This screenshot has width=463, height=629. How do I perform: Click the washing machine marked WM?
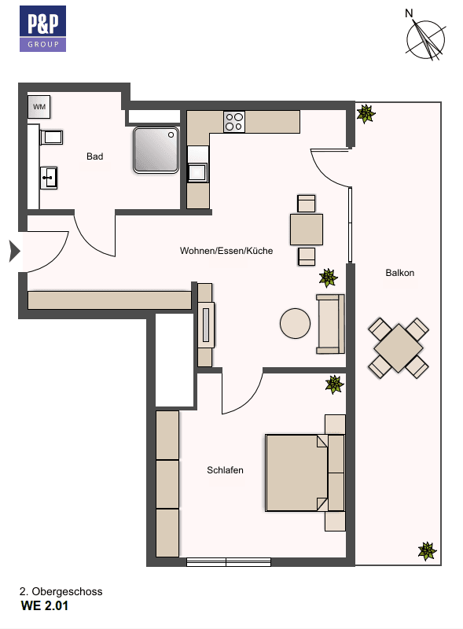click(x=39, y=106)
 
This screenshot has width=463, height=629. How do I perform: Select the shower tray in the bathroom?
click(x=156, y=149)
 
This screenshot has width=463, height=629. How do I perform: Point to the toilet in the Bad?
click(x=50, y=138)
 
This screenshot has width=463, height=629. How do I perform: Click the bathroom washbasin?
click(x=49, y=177)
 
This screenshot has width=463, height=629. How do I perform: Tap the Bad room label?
click(x=94, y=156)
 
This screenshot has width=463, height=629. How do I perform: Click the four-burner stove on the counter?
click(x=234, y=122)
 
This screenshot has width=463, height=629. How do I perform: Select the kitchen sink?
click(x=197, y=171)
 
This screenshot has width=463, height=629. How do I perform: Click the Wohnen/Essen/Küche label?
click(x=226, y=251)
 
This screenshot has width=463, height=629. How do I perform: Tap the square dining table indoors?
click(x=306, y=229)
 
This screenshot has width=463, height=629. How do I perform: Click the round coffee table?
click(x=296, y=322)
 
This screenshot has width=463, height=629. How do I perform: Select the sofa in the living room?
click(x=330, y=323)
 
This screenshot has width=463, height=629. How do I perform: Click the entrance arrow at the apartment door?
click(x=13, y=252)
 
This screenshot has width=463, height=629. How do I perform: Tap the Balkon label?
click(x=399, y=273)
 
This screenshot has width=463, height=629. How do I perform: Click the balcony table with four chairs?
click(x=399, y=347)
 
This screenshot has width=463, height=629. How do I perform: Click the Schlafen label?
click(x=225, y=470)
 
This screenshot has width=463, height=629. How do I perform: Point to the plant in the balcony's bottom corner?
click(x=426, y=550)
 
